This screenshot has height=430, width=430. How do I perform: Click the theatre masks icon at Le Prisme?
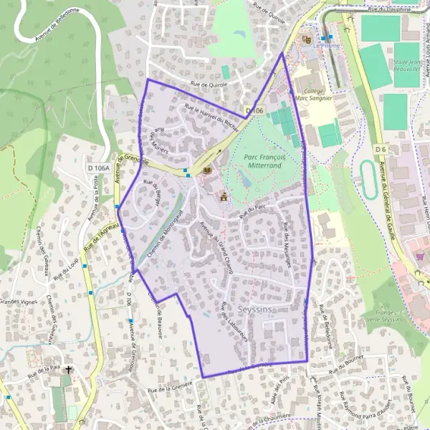click(x=307, y=39)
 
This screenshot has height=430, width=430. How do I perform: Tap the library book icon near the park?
click(x=207, y=171)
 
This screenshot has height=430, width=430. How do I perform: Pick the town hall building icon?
click(x=223, y=195)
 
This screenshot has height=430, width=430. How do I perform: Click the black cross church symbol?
click(x=69, y=370)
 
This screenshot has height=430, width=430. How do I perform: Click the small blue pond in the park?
click(x=247, y=181)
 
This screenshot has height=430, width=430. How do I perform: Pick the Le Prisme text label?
click(x=325, y=44)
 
